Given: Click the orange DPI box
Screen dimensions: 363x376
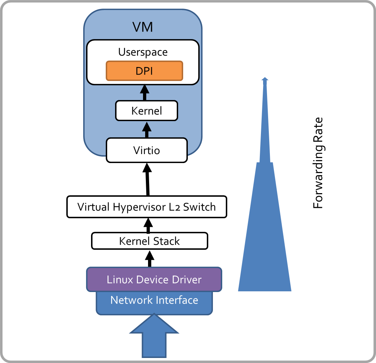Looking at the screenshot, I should click(144, 71).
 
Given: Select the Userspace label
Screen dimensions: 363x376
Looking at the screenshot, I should click(143, 52).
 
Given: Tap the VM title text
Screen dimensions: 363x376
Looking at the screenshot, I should click(143, 27).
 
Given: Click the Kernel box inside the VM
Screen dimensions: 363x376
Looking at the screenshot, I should click(147, 111).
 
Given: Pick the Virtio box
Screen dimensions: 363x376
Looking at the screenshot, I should click(147, 150).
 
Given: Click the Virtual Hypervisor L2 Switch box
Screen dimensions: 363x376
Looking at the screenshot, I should click(147, 207).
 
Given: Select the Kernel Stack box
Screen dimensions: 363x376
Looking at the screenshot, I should click(149, 241).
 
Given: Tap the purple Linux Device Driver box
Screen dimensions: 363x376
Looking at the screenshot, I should click(154, 279).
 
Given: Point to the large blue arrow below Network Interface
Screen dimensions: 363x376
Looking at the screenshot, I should click(154, 337).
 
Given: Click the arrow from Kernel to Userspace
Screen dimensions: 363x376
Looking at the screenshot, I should click(145, 92).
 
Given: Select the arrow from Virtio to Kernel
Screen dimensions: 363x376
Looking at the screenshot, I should click(146, 129).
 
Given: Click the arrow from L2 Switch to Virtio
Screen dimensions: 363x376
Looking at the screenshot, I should click(147, 179).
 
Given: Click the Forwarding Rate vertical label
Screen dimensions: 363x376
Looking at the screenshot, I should click(318, 163).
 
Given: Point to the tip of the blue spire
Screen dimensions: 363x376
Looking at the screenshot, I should click(265, 79).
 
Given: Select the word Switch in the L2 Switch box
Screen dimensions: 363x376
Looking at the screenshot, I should click(199, 207).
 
